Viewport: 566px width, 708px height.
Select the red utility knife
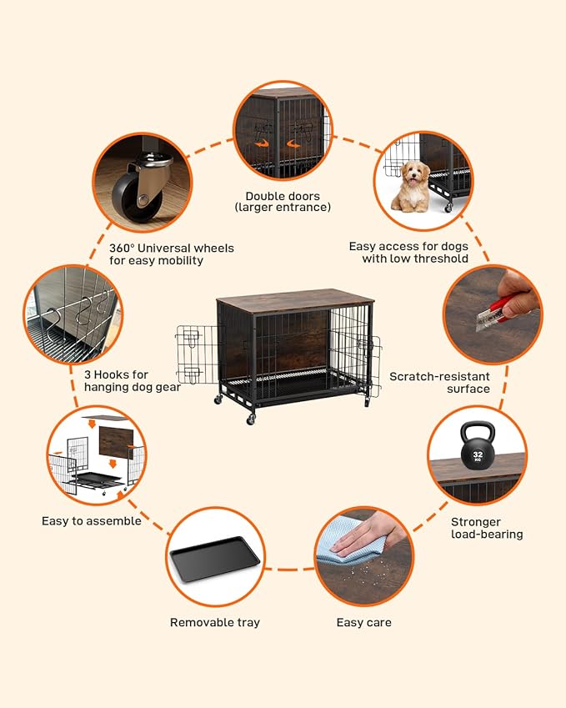[499, 306]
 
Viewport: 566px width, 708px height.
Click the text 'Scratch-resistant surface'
[439, 383]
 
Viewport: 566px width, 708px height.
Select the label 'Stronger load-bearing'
[487, 528]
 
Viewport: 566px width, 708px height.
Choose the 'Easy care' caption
[363, 622]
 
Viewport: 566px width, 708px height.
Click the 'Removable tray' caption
[215, 622]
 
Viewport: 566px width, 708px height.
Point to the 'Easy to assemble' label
[92, 521]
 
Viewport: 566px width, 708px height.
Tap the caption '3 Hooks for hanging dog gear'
[133, 381]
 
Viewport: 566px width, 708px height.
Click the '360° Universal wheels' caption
[171, 254]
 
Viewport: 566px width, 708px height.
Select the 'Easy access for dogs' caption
[408, 252]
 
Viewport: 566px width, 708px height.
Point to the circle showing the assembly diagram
[96, 455]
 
